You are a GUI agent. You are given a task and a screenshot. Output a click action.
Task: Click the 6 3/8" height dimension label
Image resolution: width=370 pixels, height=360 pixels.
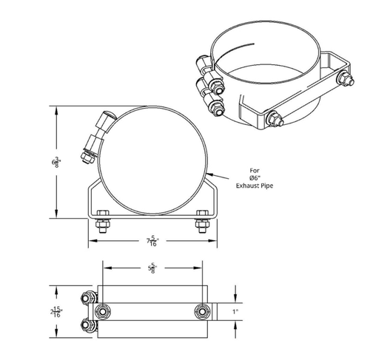(x=55, y=160)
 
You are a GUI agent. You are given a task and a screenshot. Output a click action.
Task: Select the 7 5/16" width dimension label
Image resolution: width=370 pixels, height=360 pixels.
(x=152, y=240)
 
